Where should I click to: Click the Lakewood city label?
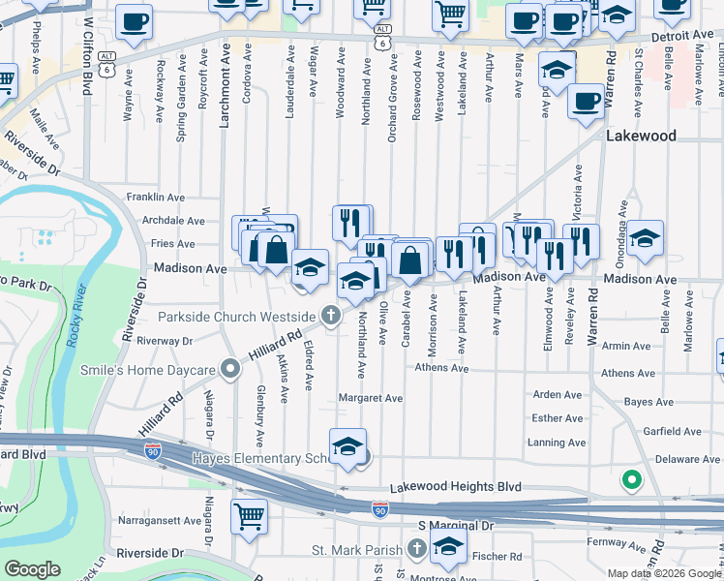641,137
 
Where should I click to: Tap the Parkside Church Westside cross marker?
331,316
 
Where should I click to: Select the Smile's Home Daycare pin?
230,368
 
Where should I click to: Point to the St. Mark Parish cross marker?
417,549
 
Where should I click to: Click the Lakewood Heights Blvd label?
455,487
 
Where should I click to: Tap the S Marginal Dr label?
455,525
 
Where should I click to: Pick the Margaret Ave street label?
371,398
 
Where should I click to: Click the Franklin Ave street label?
155,198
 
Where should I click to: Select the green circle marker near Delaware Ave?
631,478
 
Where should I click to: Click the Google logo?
33,569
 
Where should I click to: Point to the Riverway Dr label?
165,341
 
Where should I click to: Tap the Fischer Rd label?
502,557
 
